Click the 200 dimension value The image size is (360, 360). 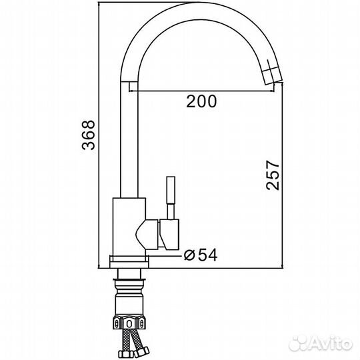pyautogui.click(x=201, y=101)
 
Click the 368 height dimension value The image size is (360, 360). pyautogui.click(x=89, y=135)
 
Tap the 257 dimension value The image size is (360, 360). pyautogui.click(x=273, y=175)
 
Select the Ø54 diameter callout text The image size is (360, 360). pyautogui.click(x=201, y=255)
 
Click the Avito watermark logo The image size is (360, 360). pyautogui.click(x=321, y=343)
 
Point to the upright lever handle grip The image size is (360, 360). pyautogui.click(x=171, y=190)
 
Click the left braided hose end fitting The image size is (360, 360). pyautogui.click(x=125, y=354)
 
